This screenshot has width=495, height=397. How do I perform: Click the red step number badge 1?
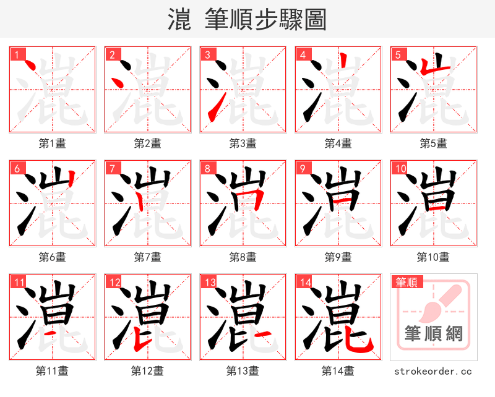point(17,54)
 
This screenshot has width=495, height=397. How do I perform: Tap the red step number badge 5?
point(398,54)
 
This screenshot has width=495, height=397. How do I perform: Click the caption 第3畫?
point(243,143)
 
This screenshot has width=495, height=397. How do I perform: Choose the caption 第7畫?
point(147,257)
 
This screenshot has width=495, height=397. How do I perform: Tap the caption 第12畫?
point(147,371)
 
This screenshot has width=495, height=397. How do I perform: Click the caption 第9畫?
point(338,257)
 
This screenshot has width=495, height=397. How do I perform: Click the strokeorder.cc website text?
point(433,371)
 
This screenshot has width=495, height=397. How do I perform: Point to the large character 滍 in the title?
point(179,20)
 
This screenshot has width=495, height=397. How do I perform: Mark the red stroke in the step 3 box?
point(212,111)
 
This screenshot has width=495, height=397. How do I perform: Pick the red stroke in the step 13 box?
point(262,335)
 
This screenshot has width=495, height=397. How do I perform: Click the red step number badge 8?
point(207,168)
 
